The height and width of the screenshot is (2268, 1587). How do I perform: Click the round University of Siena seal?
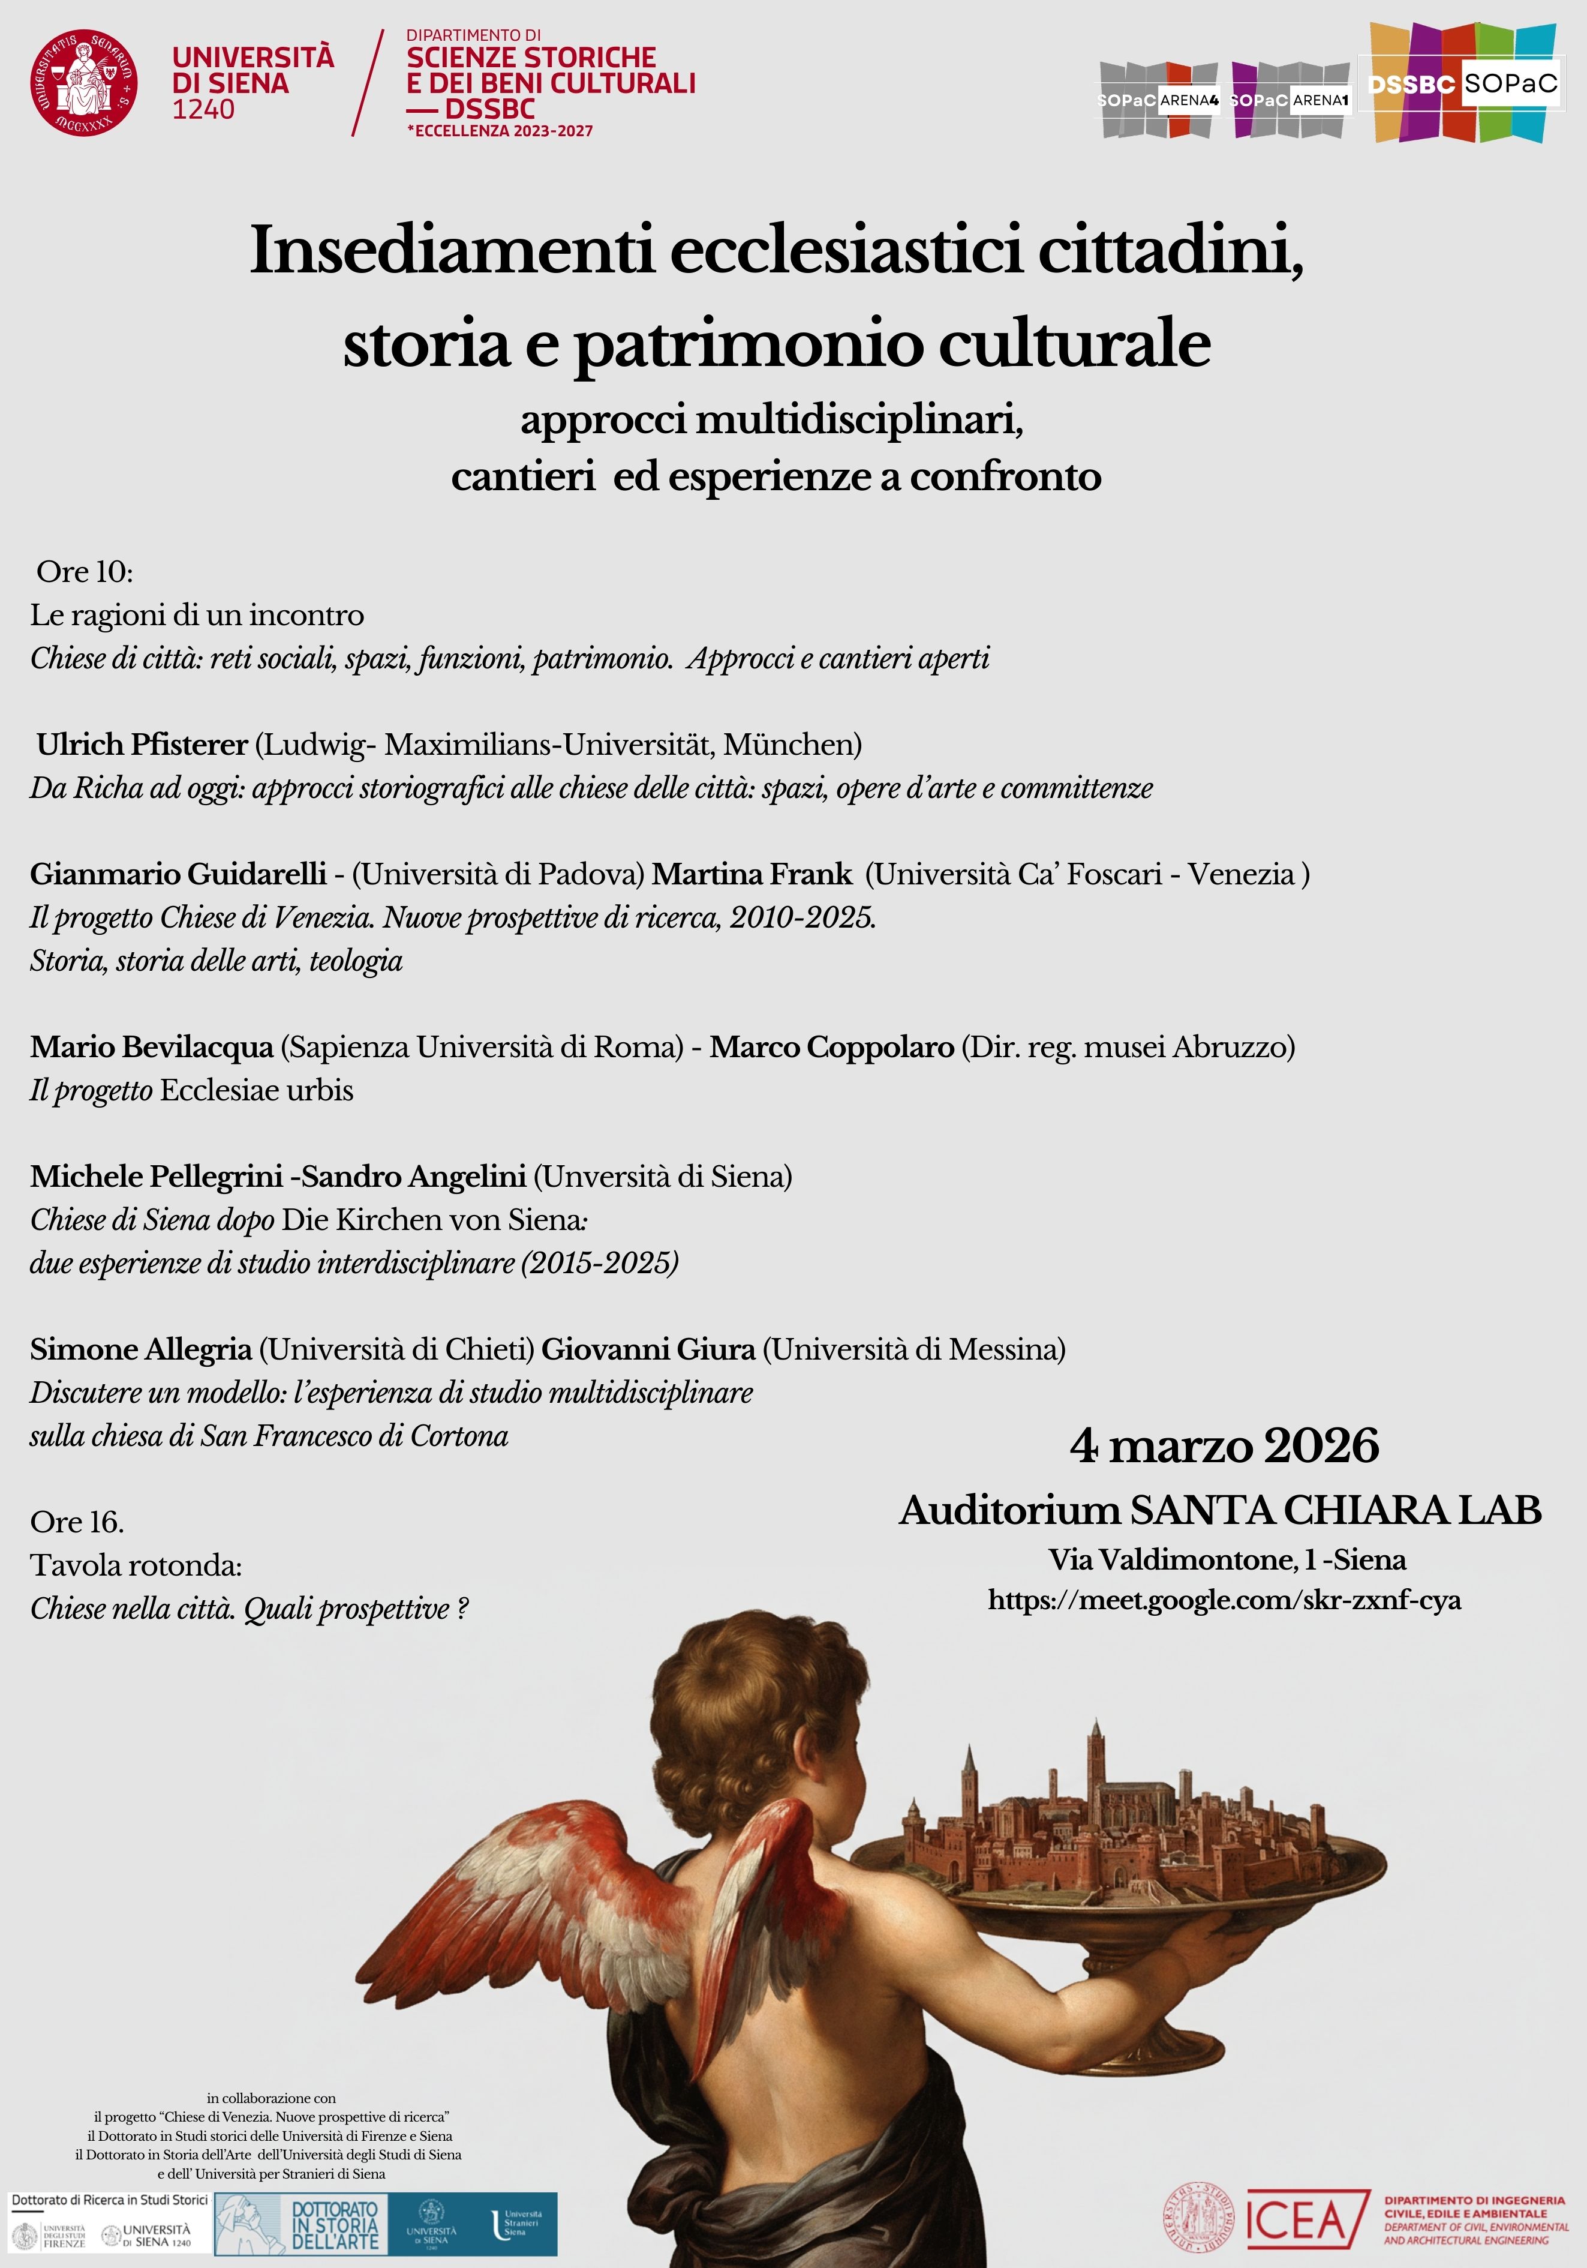[x=84, y=82]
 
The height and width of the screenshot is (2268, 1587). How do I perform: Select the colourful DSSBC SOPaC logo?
[x=1463, y=84]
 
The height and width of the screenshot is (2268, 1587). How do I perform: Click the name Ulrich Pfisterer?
[x=142, y=744]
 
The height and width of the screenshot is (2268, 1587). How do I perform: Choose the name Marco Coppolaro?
[x=831, y=1047]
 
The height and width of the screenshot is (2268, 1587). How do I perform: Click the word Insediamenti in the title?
[x=452, y=250]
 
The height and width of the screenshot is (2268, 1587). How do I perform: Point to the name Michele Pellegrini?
[x=156, y=1177]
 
